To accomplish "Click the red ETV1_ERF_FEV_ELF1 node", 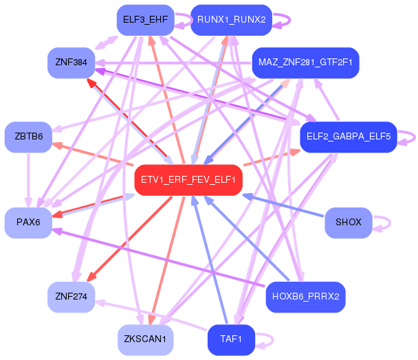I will [x=188, y=180].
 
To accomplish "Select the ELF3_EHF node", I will [x=141, y=19].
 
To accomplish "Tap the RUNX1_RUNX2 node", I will [x=231, y=19].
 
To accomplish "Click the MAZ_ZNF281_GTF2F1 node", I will [x=305, y=63].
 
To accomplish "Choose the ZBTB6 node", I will [x=28, y=137].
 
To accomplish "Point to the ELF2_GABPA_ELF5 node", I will [x=348, y=137].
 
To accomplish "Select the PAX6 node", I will [x=28, y=223].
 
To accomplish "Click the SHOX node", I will [x=348, y=223].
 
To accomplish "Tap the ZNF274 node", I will [x=71, y=297].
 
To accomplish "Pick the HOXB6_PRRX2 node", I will [x=305, y=297].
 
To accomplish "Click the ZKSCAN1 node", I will [x=145, y=339].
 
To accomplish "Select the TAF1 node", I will [x=231, y=339].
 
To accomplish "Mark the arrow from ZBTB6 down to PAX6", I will [x=28, y=180].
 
